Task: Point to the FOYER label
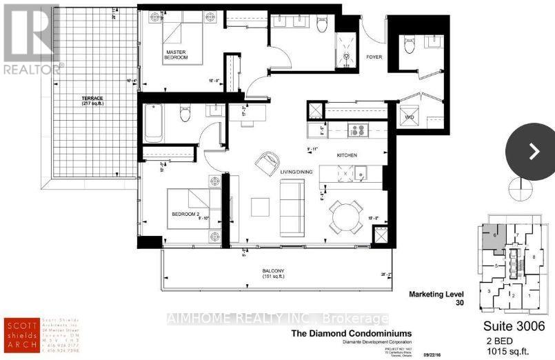(374, 58)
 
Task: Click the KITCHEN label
(347, 157)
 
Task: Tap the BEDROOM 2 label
(185, 214)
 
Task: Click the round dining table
(343, 214)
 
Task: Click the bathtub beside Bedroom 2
(153, 123)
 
